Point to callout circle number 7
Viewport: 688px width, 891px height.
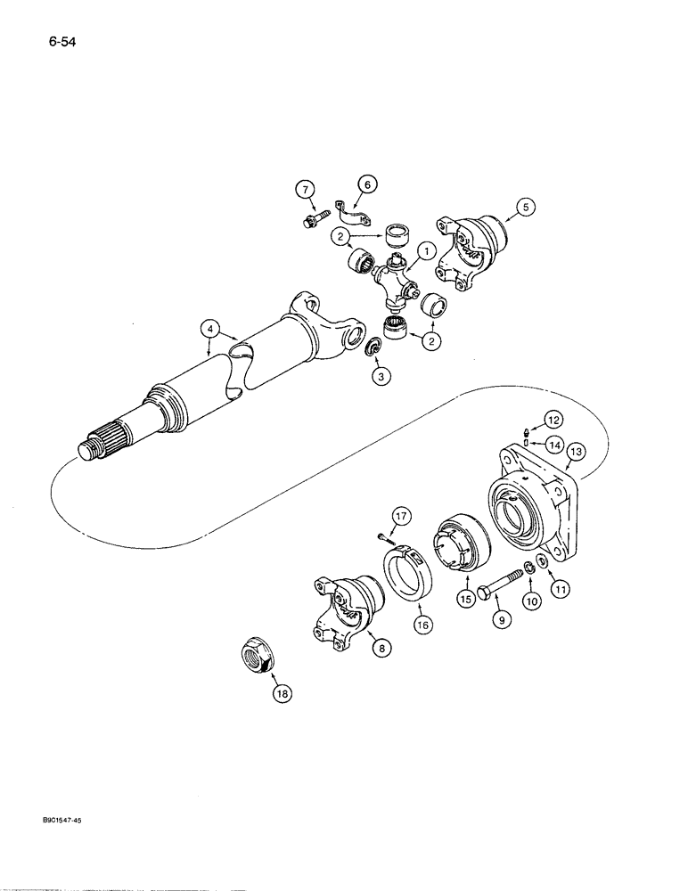pos(305,190)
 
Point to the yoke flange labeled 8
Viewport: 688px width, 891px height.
pos(340,609)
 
